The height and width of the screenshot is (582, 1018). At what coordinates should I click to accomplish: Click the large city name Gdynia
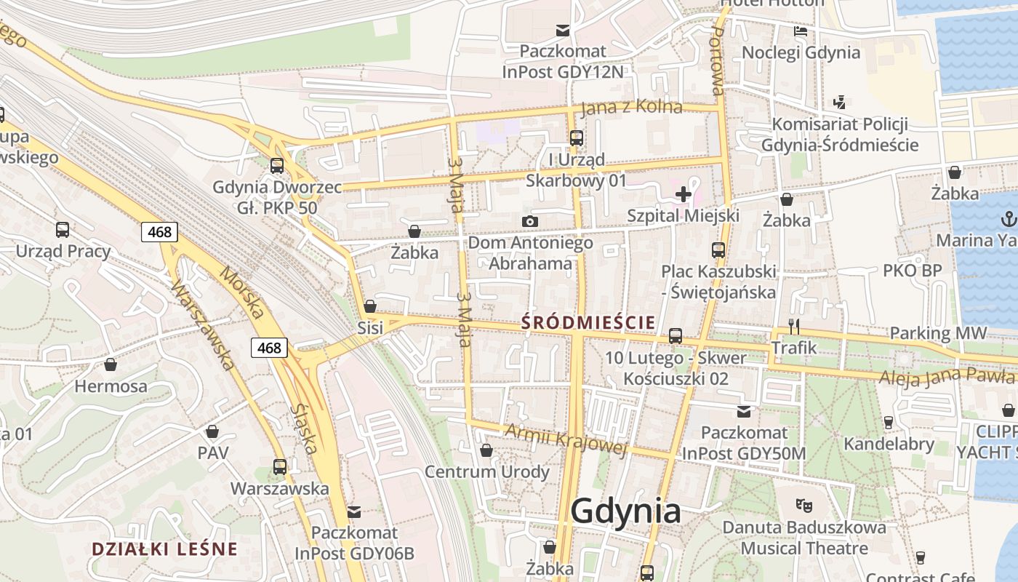tap(625, 511)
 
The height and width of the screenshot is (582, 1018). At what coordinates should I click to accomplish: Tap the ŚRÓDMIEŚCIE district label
tap(588, 322)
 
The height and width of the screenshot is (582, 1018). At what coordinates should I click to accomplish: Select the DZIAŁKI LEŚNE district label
tap(164, 549)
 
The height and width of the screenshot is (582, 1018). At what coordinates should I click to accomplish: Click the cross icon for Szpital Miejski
tap(684, 194)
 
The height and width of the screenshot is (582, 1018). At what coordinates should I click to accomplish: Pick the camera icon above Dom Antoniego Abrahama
tap(530, 221)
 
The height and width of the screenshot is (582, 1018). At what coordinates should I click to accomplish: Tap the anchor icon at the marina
tap(1009, 218)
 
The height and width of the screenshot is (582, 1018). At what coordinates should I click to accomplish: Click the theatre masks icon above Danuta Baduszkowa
tap(803, 504)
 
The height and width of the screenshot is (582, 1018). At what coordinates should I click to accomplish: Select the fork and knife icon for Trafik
tap(794, 327)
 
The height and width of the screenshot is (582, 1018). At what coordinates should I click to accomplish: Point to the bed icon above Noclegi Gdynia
tap(801, 31)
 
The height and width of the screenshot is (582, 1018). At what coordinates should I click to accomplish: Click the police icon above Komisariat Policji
tap(840, 102)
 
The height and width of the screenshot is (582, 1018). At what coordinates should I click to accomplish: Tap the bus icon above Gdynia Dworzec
tap(277, 165)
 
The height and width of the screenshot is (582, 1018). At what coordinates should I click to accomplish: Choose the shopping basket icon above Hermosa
tap(111, 364)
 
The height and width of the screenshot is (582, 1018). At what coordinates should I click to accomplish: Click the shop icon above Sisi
tap(370, 306)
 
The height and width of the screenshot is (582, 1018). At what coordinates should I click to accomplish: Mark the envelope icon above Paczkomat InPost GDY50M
tap(743, 411)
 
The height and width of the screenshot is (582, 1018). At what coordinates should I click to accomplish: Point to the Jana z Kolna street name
tap(631, 107)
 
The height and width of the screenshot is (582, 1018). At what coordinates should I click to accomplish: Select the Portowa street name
tap(716, 66)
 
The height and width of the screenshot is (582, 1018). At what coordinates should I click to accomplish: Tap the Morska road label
tap(241, 293)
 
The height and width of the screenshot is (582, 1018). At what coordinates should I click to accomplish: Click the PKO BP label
tap(912, 271)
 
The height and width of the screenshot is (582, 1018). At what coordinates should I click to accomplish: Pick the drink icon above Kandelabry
tap(888, 422)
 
